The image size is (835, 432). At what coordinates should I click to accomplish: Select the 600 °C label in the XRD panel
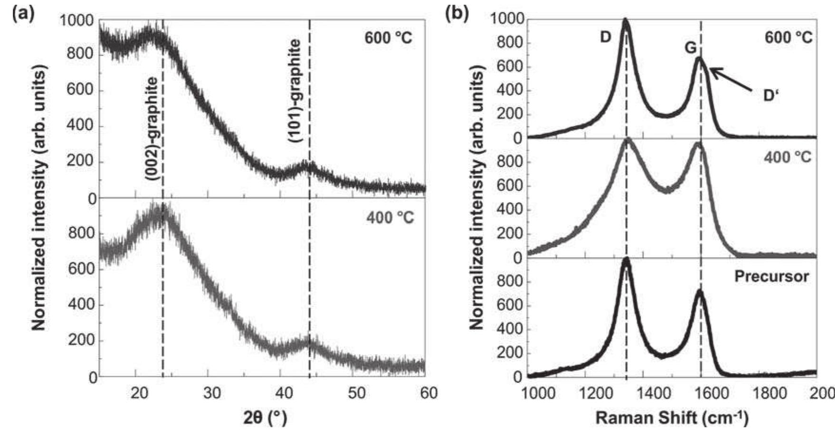[389, 38]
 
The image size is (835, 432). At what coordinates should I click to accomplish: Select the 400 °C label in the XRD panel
[390, 218]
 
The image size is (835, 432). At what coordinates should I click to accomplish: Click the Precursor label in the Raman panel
[771, 276]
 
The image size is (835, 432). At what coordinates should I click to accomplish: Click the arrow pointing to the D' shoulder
[731, 79]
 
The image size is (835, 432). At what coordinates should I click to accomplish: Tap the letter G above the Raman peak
[690, 48]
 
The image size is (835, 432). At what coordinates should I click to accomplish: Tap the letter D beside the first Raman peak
[605, 37]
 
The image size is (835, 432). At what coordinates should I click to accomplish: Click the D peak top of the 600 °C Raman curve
[625, 21]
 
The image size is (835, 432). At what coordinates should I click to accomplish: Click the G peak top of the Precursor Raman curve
[699, 291]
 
